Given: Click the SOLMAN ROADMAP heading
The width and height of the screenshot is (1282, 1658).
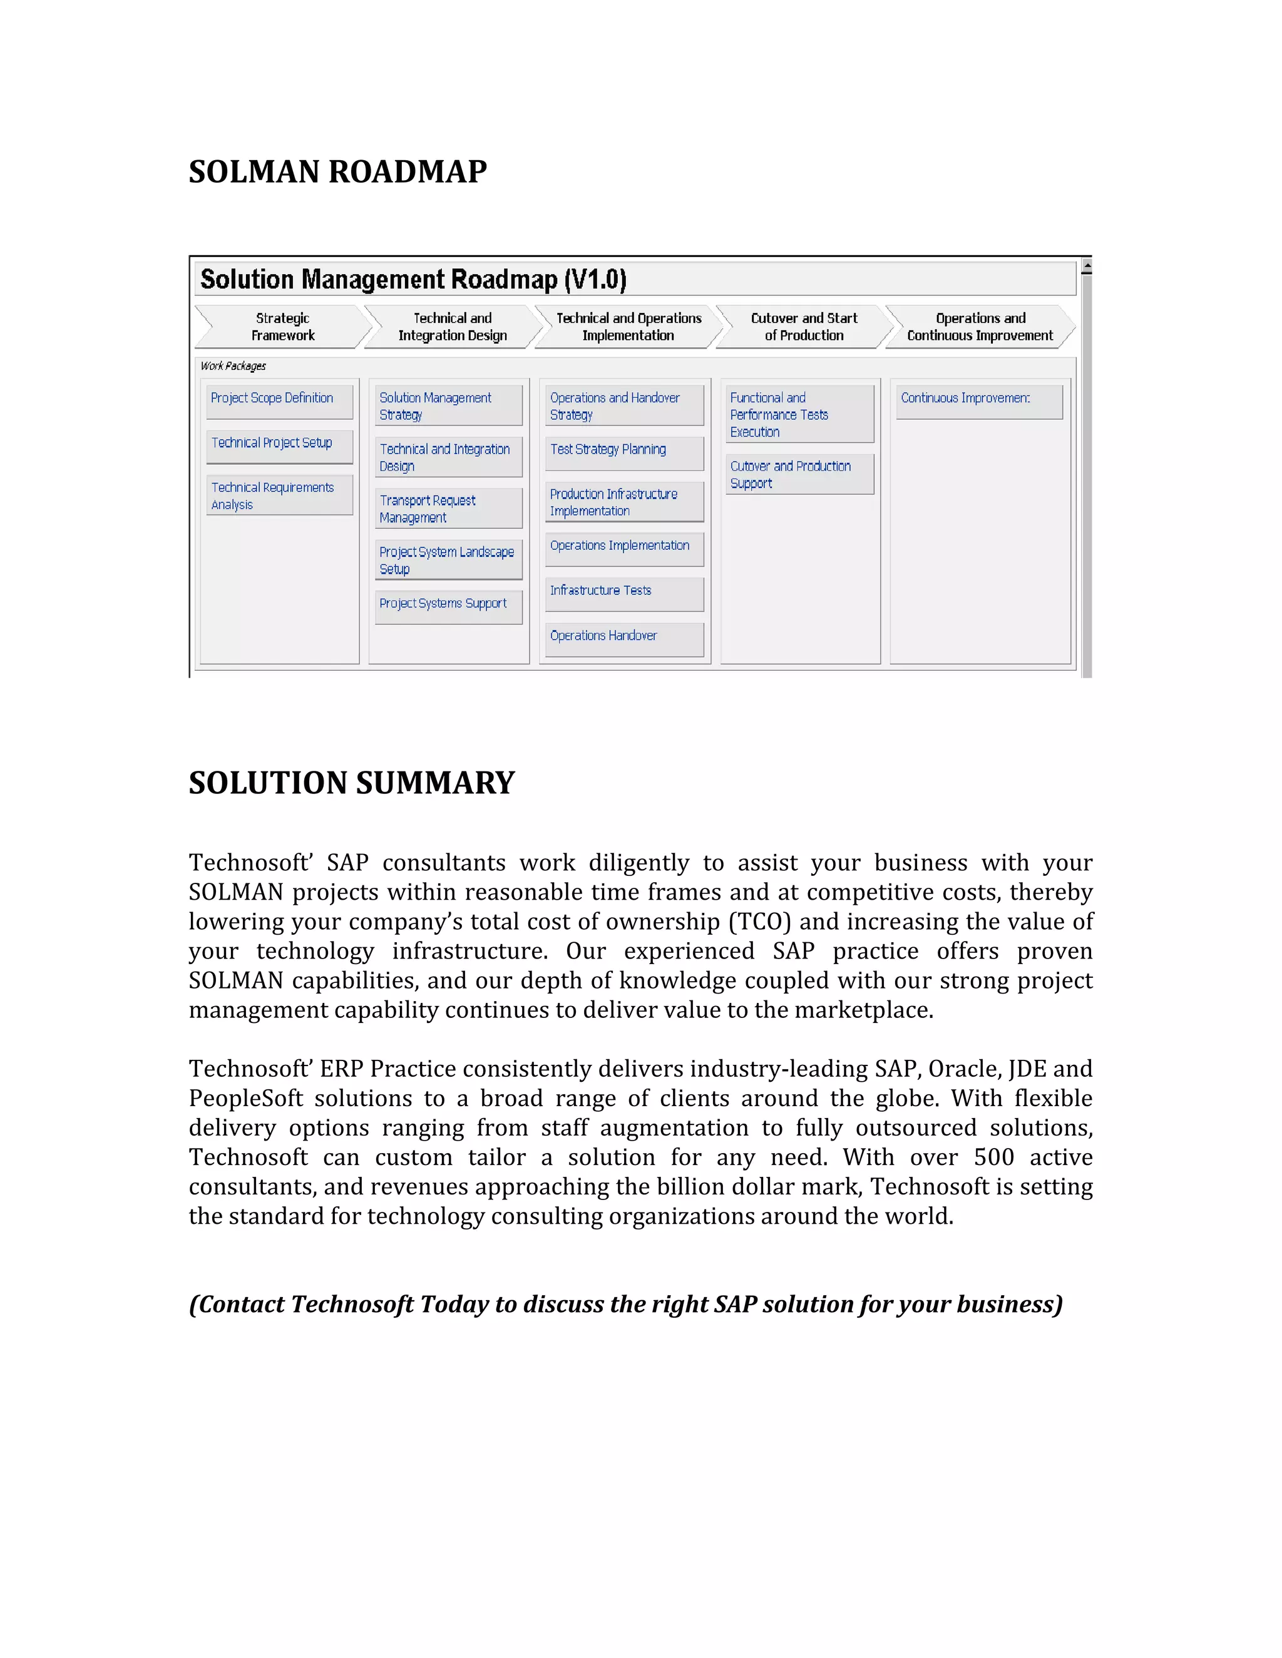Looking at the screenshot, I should click(337, 171).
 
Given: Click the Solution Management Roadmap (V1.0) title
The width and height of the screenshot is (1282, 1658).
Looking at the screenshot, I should click(413, 280).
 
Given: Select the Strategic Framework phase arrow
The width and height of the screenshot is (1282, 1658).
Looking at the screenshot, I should click(282, 327).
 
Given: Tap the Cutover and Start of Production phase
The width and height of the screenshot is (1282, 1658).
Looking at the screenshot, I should click(804, 327).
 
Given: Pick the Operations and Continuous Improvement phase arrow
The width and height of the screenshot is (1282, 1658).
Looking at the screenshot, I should click(980, 327).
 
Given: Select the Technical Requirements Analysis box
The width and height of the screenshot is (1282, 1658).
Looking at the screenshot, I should click(279, 496).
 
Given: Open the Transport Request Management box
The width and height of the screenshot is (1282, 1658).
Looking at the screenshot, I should click(448, 509).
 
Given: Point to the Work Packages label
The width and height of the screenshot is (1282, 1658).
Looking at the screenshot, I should click(233, 366).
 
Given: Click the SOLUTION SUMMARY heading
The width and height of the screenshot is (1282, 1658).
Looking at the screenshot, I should click(352, 783).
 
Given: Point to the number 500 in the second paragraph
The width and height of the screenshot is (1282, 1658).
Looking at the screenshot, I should click(993, 1157).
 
